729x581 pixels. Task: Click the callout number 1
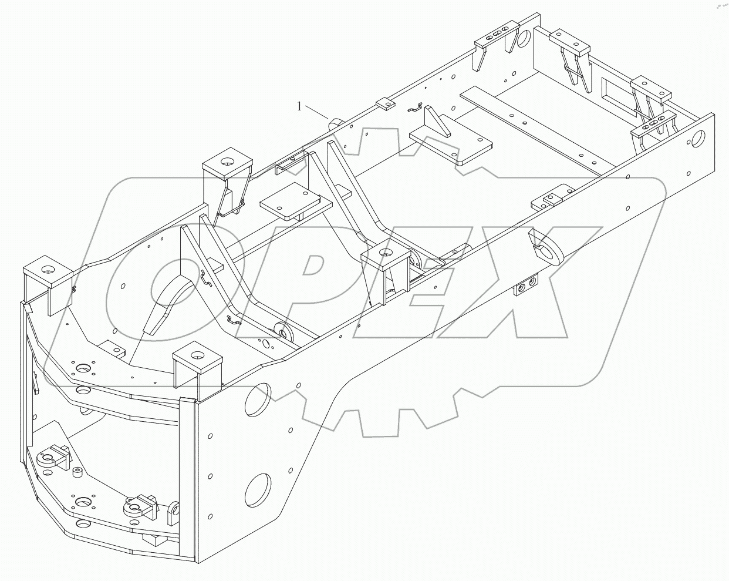tap(300, 106)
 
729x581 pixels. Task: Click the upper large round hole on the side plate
tap(258, 400)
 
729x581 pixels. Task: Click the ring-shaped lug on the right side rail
tap(547, 246)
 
